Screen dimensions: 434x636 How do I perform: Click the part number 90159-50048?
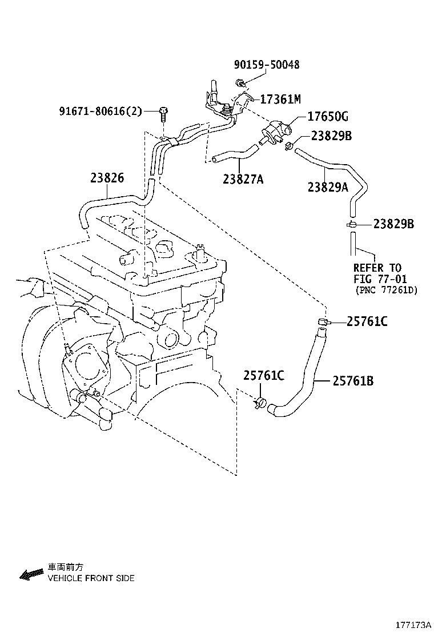267,65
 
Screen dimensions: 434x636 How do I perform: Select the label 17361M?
280,99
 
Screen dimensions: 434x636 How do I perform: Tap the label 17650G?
328,117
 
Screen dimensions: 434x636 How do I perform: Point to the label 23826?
107,178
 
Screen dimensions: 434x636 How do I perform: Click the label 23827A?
243,179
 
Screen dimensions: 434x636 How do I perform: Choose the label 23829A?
328,186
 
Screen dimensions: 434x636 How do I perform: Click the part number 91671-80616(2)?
101,111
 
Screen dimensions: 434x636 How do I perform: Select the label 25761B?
353,381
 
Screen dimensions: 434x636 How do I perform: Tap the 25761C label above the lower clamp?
264,376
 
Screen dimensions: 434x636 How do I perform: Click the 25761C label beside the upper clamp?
367,321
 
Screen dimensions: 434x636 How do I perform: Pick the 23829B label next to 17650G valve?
332,136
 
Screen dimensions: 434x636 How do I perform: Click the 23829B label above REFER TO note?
393,224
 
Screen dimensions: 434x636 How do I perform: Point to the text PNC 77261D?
386,290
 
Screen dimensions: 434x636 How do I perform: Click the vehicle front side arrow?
31,574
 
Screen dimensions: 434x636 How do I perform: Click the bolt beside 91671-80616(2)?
163,113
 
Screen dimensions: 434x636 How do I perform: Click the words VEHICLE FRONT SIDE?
91,578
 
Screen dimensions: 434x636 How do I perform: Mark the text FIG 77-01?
380,279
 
